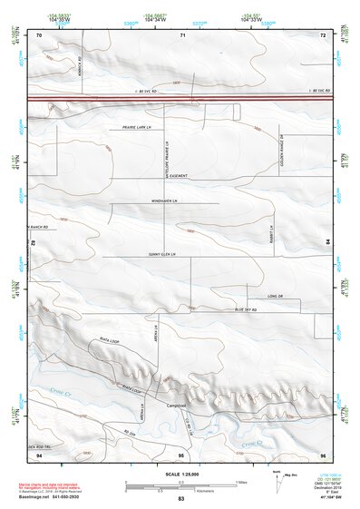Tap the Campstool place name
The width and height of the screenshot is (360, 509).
click(x=176, y=406)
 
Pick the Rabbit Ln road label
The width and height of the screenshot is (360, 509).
click(x=271, y=233)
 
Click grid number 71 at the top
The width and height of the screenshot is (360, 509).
click(x=182, y=34)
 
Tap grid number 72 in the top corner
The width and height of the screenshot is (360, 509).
click(x=323, y=34)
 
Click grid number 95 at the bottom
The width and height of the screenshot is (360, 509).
click(x=181, y=454)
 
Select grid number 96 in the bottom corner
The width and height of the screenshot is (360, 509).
click(x=323, y=454)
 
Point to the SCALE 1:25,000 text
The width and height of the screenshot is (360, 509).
click(x=180, y=470)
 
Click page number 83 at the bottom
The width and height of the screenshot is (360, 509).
click(x=181, y=500)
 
